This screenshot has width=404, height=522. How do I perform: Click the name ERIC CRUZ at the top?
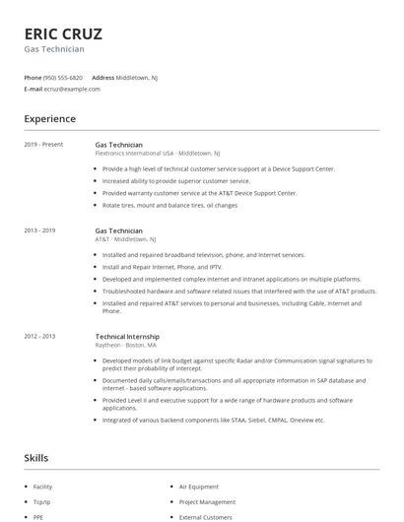(63, 33)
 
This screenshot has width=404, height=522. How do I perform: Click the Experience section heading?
(50, 119)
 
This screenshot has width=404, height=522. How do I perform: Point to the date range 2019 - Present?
(43, 145)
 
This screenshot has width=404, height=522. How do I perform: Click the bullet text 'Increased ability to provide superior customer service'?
(176, 181)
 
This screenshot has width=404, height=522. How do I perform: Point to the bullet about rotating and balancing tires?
(169, 205)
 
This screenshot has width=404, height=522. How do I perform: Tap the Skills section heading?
(36, 458)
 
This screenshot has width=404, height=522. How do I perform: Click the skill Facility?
(42, 487)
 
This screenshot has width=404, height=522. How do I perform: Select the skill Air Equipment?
(199, 487)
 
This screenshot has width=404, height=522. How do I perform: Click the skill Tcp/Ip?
(41, 501)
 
